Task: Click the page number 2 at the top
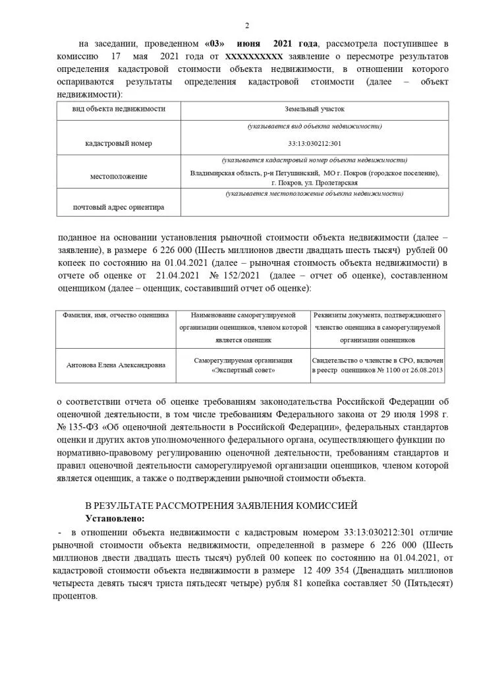[x=247, y=26]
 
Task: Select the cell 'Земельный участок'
[x=314, y=109]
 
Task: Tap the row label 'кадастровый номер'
[x=119, y=143]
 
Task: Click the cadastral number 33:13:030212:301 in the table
[x=314, y=143]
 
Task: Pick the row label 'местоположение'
[x=119, y=177]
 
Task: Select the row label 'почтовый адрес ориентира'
[x=119, y=207]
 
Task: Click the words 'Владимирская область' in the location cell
[x=223, y=173]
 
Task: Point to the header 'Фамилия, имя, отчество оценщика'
[x=116, y=316]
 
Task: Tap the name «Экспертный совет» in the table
[x=243, y=370]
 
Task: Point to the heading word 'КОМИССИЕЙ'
[x=323, y=506]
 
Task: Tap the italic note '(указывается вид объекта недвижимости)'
[x=314, y=125]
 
